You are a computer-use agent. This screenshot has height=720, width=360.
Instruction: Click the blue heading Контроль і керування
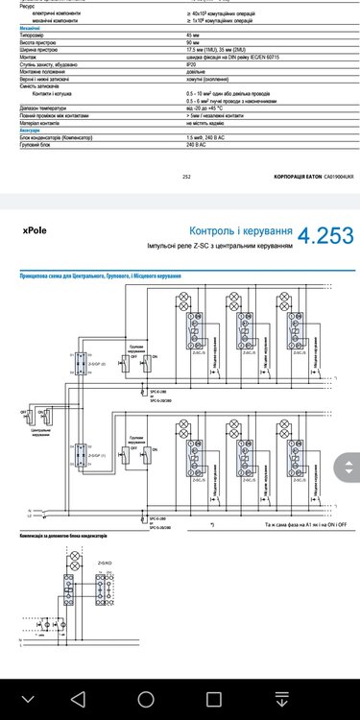point(239,231)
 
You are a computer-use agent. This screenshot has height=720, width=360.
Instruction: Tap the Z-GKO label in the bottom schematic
point(104,564)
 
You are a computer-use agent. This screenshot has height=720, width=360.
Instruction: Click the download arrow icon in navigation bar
point(281,696)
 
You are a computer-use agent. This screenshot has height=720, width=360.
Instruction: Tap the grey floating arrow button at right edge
point(346,469)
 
